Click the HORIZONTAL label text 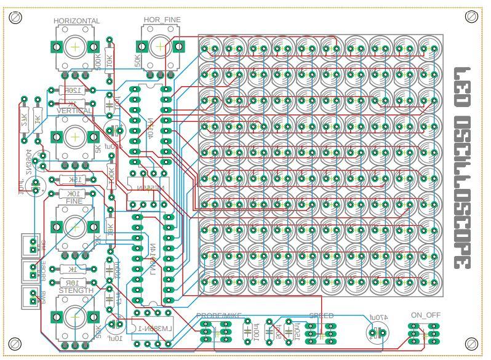tap(76, 21)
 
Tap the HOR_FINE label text tap(162, 20)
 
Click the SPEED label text tap(321, 316)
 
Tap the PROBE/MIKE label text tap(218, 316)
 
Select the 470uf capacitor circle tap(375, 334)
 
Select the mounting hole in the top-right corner tap(473, 16)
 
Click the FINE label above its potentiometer tap(74, 201)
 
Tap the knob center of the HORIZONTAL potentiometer tap(75, 46)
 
